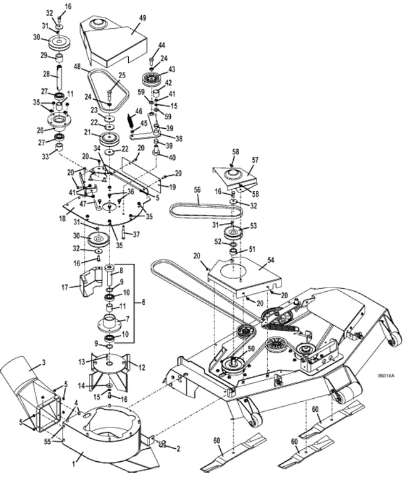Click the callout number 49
(142, 18)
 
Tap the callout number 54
(271, 260)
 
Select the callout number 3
(44, 362)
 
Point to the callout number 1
(73, 464)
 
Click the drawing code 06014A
(386, 376)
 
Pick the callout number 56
(197, 190)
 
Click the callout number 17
(65, 287)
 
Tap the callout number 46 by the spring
(139, 111)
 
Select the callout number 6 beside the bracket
(143, 302)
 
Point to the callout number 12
(141, 367)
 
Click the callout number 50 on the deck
(251, 349)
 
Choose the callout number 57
(255, 160)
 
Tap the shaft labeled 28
(58, 77)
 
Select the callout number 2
(178, 449)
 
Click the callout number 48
(78, 66)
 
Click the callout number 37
(136, 234)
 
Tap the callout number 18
(62, 218)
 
